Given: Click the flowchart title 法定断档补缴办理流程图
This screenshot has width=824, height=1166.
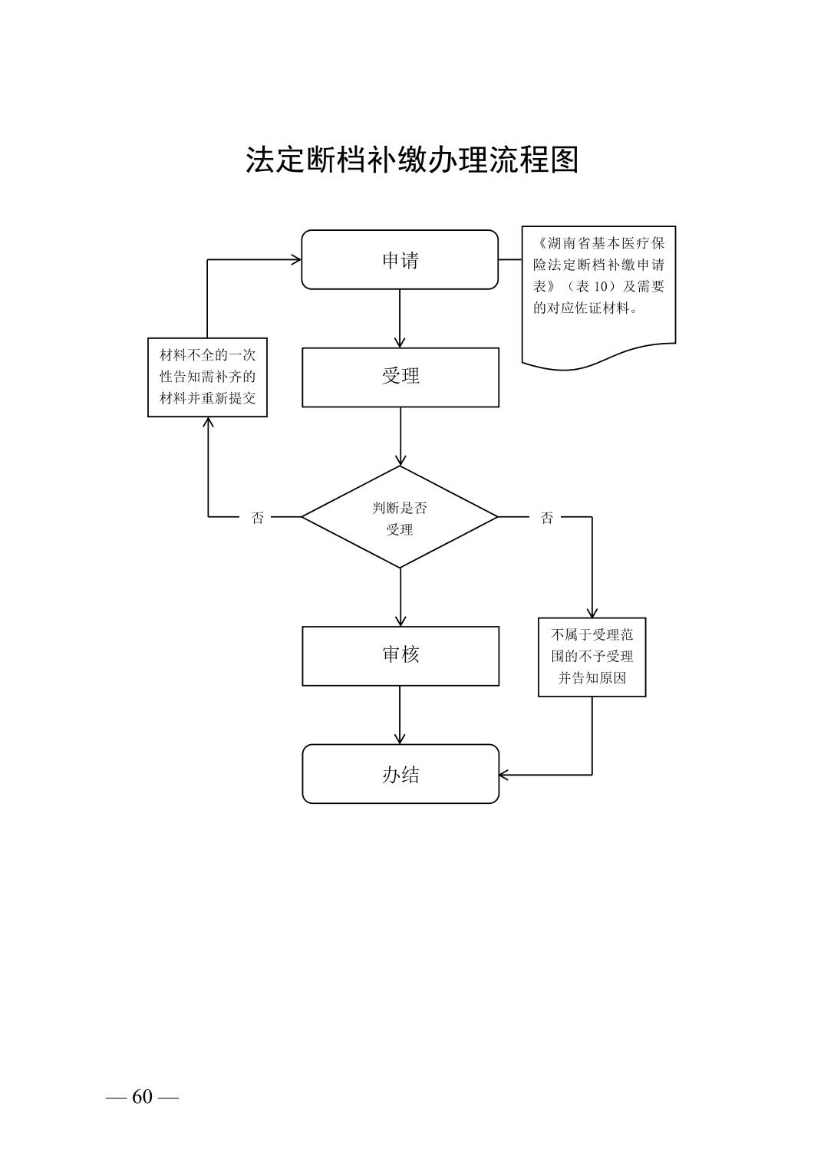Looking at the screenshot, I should click(x=411, y=160).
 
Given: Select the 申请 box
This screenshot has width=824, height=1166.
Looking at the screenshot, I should click(x=400, y=260).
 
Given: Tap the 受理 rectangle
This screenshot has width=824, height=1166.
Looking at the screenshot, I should click(x=400, y=377).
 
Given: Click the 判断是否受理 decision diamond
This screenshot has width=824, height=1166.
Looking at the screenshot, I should click(x=400, y=518).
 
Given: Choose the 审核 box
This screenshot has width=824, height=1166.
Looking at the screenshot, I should click(x=400, y=655).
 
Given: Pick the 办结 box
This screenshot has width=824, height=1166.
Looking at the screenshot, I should click(x=400, y=774).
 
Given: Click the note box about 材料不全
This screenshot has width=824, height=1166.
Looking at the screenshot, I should click(x=207, y=377).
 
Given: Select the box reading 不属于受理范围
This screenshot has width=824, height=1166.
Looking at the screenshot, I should click(x=592, y=657).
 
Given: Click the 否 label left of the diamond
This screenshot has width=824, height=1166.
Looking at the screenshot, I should click(x=258, y=518).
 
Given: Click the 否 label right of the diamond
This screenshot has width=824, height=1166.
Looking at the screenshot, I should click(x=546, y=518).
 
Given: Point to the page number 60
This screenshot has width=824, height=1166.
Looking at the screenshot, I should click(x=143, y=1097).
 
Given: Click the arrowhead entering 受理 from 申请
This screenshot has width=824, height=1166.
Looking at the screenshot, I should click(x=400, y=342).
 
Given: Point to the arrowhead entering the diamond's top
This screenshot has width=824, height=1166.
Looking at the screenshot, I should click(x=400, y=459).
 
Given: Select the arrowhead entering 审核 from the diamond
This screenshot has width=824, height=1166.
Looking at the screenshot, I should click(x=400, y=621).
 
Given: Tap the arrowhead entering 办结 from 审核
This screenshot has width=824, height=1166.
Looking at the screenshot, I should click(x=400, y=739).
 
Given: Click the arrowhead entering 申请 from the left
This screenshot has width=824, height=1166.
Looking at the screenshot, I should click(x=295, y=259).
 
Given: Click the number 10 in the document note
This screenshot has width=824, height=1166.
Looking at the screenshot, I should click(x=601, y=287).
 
